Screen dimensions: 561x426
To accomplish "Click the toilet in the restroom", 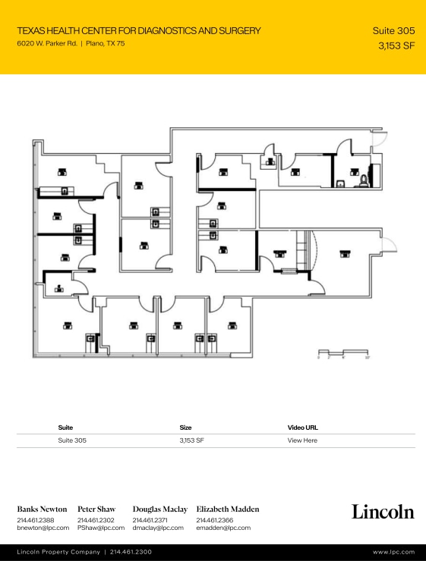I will point(364,180).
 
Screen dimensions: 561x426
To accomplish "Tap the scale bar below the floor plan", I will point(344,352).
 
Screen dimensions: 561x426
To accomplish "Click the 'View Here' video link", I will point(302,440).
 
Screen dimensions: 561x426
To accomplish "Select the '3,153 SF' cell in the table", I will point(191,440).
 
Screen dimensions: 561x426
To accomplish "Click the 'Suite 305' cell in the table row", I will point(72,440).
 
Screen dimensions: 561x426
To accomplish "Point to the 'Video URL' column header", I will point(302,428).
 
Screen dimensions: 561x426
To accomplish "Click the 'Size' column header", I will point(185,428).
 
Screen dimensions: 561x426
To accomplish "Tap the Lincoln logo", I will point(383,512).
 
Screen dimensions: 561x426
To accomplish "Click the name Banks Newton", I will point(42,509).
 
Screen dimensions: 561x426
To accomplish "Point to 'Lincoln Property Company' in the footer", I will point(58,553).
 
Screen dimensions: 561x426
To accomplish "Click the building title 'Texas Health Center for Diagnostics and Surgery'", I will point(138,31).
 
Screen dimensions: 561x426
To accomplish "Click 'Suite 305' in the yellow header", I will point(393,31).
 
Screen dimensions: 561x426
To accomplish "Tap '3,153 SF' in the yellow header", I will point(396,45).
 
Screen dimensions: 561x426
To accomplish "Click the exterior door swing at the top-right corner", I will point(384,139).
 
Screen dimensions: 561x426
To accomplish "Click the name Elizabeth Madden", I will point(228,509).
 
